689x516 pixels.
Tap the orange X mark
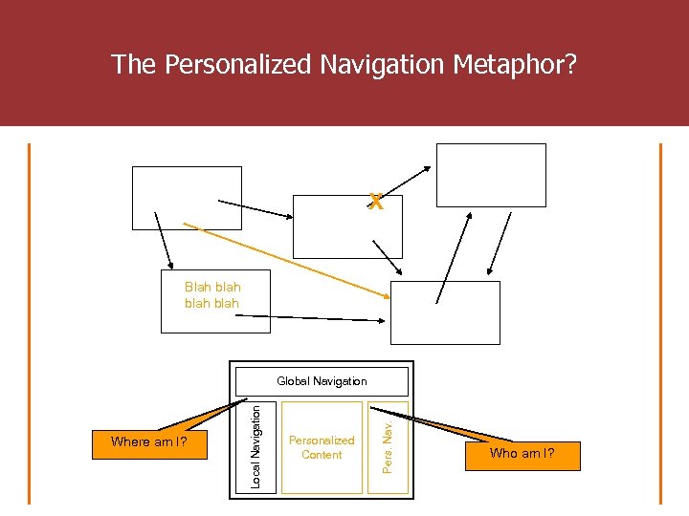[376, 202]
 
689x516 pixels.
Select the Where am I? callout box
[147, 442]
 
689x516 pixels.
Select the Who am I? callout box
[522, 455]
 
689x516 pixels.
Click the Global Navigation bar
[322, 381]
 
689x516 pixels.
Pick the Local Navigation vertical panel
[256, 446]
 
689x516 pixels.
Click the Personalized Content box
[322, 447]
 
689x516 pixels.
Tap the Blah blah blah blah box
[215, 301]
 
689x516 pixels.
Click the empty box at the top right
[490, 174]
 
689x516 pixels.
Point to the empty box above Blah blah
[187, 198]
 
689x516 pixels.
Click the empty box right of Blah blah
[445, 312]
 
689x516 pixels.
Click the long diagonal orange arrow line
[287, 261]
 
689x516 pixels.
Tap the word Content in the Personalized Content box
[322, 455]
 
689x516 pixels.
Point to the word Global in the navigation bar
[292, 381]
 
